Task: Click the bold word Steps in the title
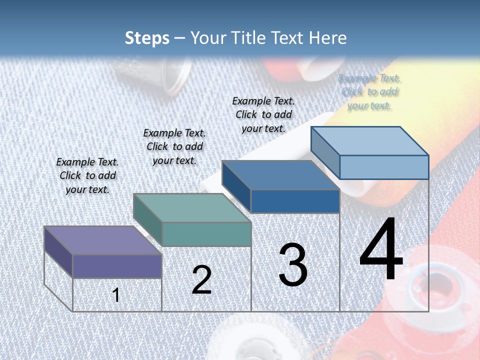coord(147,38)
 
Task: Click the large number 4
coord(381,250)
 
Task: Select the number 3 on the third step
coord(293,265)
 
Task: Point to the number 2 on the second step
coord(201,280)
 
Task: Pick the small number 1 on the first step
coord(116,295)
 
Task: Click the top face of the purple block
coord(102,240)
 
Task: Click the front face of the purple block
coord(117,266)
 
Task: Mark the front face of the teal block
coord(206,234)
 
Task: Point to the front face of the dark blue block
coord(295,201)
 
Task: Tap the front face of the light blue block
coord(384,167)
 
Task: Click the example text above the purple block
coord(87,175)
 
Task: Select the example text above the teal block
coord(174,146)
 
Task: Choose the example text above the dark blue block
coord(263,114)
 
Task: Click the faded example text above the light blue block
coord(369,91)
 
